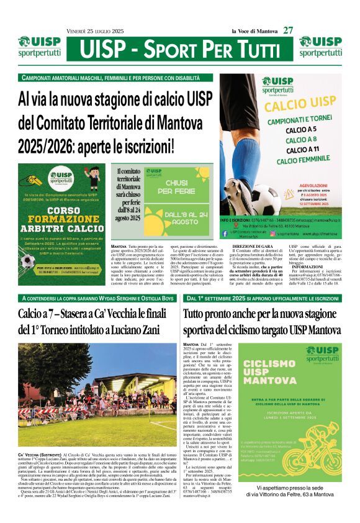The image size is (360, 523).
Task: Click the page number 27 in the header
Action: click(x=288, y=29)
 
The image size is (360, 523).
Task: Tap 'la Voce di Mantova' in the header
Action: click(x=254, y=30)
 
